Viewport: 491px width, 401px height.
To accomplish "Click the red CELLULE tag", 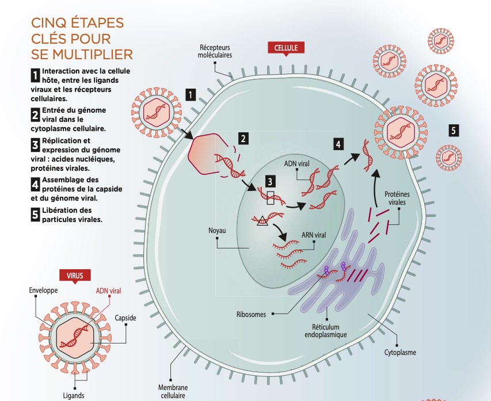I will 286,48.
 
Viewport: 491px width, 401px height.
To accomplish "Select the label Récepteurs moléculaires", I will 215,51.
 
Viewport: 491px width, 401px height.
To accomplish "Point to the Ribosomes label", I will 251,314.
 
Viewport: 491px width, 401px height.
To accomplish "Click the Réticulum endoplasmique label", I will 325,330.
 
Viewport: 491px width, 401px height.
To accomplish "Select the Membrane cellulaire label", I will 173,391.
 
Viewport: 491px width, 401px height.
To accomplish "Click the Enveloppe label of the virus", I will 43,291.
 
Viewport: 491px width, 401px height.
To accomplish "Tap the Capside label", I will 125,318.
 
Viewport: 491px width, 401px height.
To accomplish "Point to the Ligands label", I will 74,395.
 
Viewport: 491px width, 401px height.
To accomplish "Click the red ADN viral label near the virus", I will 109,291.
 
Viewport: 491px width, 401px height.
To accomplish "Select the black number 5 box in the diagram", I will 454,131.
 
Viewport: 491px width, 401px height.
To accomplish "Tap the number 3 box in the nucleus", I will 268,181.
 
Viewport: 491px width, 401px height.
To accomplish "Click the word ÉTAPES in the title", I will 92,24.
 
